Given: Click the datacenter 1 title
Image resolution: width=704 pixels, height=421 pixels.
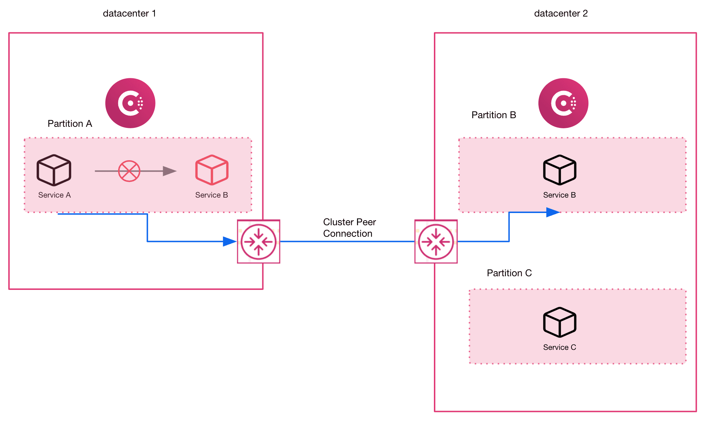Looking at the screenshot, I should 129,14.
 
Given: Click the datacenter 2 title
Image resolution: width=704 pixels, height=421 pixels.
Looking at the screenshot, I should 561,14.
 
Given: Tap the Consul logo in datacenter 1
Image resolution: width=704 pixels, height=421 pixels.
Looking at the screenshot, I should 130,103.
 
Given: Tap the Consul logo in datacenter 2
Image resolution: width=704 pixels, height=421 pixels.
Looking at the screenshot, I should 563,103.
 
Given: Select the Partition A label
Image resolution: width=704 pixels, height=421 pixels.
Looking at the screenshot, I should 70,124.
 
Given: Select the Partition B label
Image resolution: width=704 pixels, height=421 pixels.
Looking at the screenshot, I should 494,115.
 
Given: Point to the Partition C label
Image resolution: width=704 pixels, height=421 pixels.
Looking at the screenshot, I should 509,273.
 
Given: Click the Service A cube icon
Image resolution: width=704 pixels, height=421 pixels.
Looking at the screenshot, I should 54,170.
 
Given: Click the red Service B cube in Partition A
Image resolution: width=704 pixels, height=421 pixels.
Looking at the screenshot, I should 212,170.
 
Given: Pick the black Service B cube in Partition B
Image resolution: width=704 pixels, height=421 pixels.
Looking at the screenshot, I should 560,170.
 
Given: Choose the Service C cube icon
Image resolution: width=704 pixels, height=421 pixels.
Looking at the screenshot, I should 560,322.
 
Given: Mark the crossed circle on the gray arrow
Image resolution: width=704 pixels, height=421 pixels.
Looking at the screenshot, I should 129,171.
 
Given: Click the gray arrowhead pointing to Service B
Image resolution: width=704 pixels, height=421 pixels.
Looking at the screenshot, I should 170,171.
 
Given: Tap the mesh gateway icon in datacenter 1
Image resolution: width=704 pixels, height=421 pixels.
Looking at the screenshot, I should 259,242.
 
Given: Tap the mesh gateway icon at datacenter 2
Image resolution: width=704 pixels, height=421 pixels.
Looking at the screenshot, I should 436,242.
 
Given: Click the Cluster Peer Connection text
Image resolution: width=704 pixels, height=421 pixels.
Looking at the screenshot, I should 349,228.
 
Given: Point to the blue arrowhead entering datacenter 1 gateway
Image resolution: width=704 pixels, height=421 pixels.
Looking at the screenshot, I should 229,241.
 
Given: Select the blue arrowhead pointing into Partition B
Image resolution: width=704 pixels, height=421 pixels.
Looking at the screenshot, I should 552,212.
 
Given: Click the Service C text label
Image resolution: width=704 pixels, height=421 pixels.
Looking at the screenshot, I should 559,347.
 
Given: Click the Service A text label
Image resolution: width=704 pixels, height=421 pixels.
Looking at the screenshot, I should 55,195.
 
